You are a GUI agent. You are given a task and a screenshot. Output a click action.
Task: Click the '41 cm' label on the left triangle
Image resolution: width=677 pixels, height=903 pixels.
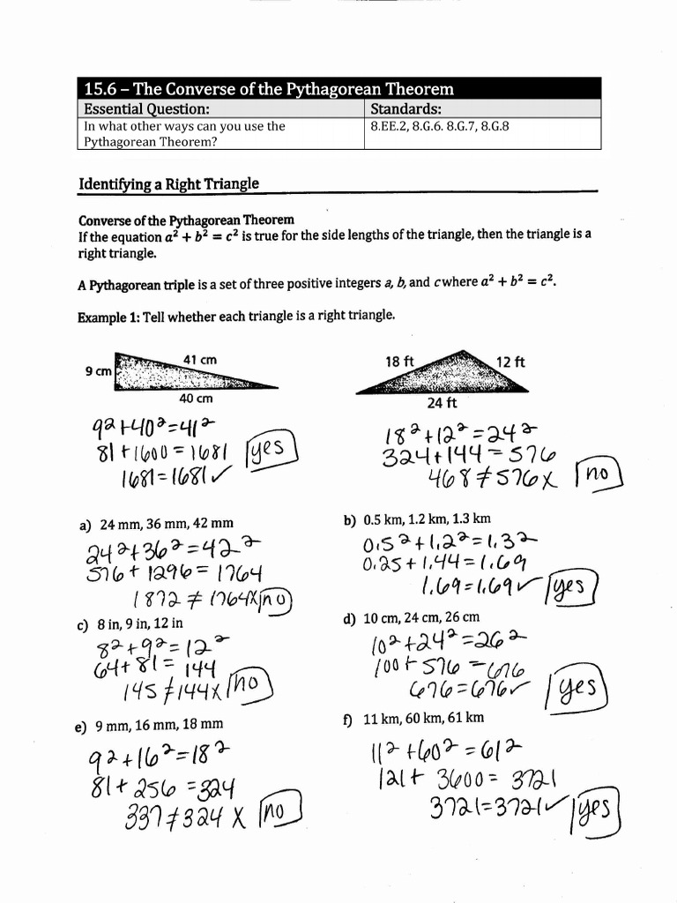coord(200,360)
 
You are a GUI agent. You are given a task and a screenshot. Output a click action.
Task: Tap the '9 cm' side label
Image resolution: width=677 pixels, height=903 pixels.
coord(98,371)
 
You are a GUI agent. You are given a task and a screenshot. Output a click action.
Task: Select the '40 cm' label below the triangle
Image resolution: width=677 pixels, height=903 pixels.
coord(196,399)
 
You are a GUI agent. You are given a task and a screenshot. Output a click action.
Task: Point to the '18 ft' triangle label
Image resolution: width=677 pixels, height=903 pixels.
coord(399,362)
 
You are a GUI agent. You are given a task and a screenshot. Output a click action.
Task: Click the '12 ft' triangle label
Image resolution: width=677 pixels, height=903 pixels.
coord(510,362)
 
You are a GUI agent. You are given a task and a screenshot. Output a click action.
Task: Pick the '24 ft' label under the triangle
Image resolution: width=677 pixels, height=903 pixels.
coord(443,404)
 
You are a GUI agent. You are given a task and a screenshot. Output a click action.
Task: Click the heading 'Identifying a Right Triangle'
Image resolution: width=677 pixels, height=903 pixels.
coord(169,184)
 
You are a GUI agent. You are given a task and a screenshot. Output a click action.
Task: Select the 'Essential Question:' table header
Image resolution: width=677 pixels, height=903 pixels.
coord(146,109)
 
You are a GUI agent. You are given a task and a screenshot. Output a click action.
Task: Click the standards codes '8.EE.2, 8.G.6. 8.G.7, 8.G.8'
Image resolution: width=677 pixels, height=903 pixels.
coord(440,126)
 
